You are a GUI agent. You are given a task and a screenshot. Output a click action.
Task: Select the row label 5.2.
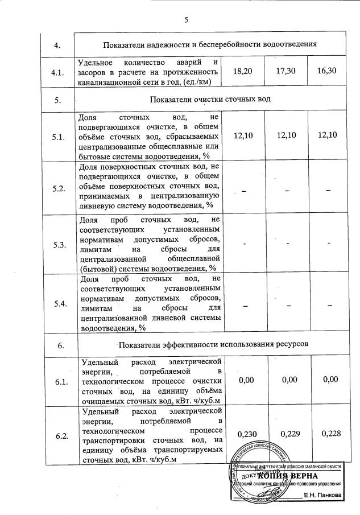pyautogui.click(x=58, y=188)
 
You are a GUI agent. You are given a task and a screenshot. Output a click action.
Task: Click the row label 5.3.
pyautogui.click(x=58, y=245)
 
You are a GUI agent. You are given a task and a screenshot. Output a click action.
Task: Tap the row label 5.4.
pyautogui.click(x=58, y=303)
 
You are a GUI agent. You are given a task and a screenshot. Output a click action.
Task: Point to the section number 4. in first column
pyautogui.click(x=57, y=45)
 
